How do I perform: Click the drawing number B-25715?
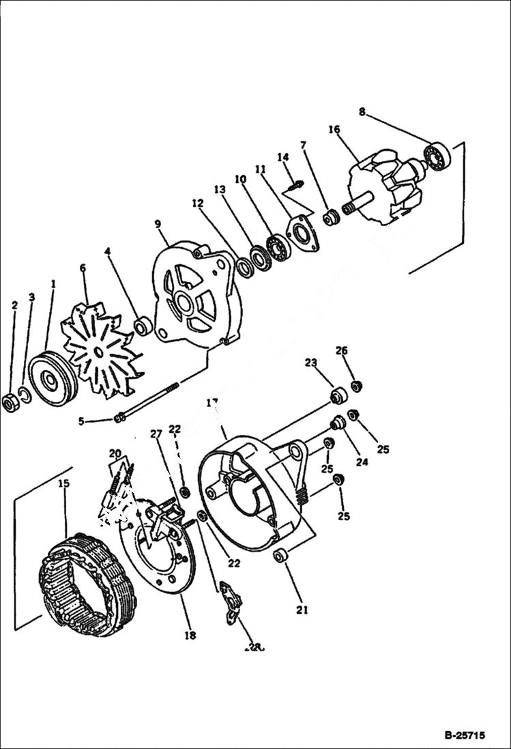(x=464, y=735)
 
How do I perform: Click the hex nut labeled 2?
(x=11, y=403)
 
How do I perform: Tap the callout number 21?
(x=302, y=610)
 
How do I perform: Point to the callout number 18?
(x=190, y=636)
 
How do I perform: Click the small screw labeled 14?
(x=295, y=184)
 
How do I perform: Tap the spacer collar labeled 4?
(x=143, y=326)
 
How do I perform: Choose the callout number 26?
(x=341, y=350)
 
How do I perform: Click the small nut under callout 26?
(x=356, y=386)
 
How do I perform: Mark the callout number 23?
(x=310, y=363)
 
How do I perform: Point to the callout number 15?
(x=63, y=483)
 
